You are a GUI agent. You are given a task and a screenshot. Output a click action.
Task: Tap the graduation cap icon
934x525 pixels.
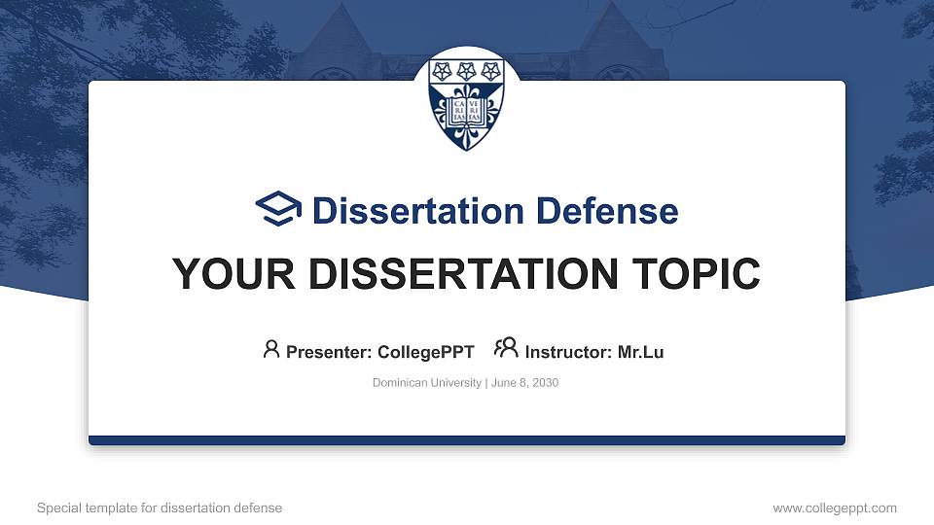coord(278,210)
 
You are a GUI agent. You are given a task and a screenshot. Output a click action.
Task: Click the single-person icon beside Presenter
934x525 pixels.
coord(271,349)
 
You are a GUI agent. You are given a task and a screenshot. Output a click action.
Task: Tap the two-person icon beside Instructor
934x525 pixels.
coord(506,348)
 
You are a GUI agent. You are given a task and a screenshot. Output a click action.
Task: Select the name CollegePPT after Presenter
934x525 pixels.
coord(426,352)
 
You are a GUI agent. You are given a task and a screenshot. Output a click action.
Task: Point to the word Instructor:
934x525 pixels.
coord(568,352)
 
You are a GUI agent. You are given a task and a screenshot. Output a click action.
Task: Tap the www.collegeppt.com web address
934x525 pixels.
coord(835,507)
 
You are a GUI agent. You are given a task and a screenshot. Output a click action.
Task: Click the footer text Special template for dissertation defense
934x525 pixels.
coord(160,507)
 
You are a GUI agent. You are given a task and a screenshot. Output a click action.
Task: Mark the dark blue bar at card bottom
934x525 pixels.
coord(467,440)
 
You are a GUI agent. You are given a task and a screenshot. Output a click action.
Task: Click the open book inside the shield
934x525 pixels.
coord(467,112)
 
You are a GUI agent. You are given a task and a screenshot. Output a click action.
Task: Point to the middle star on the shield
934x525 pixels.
coord(467,71)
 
